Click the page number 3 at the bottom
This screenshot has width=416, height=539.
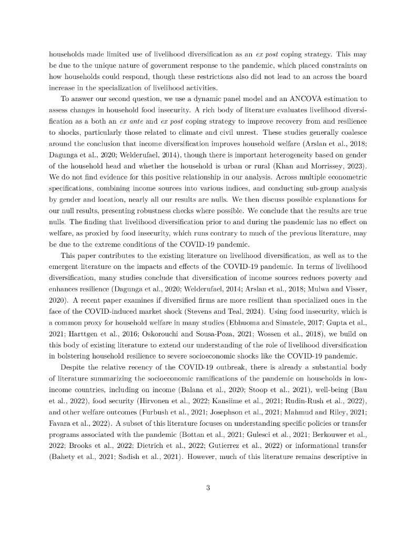(208, 487)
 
